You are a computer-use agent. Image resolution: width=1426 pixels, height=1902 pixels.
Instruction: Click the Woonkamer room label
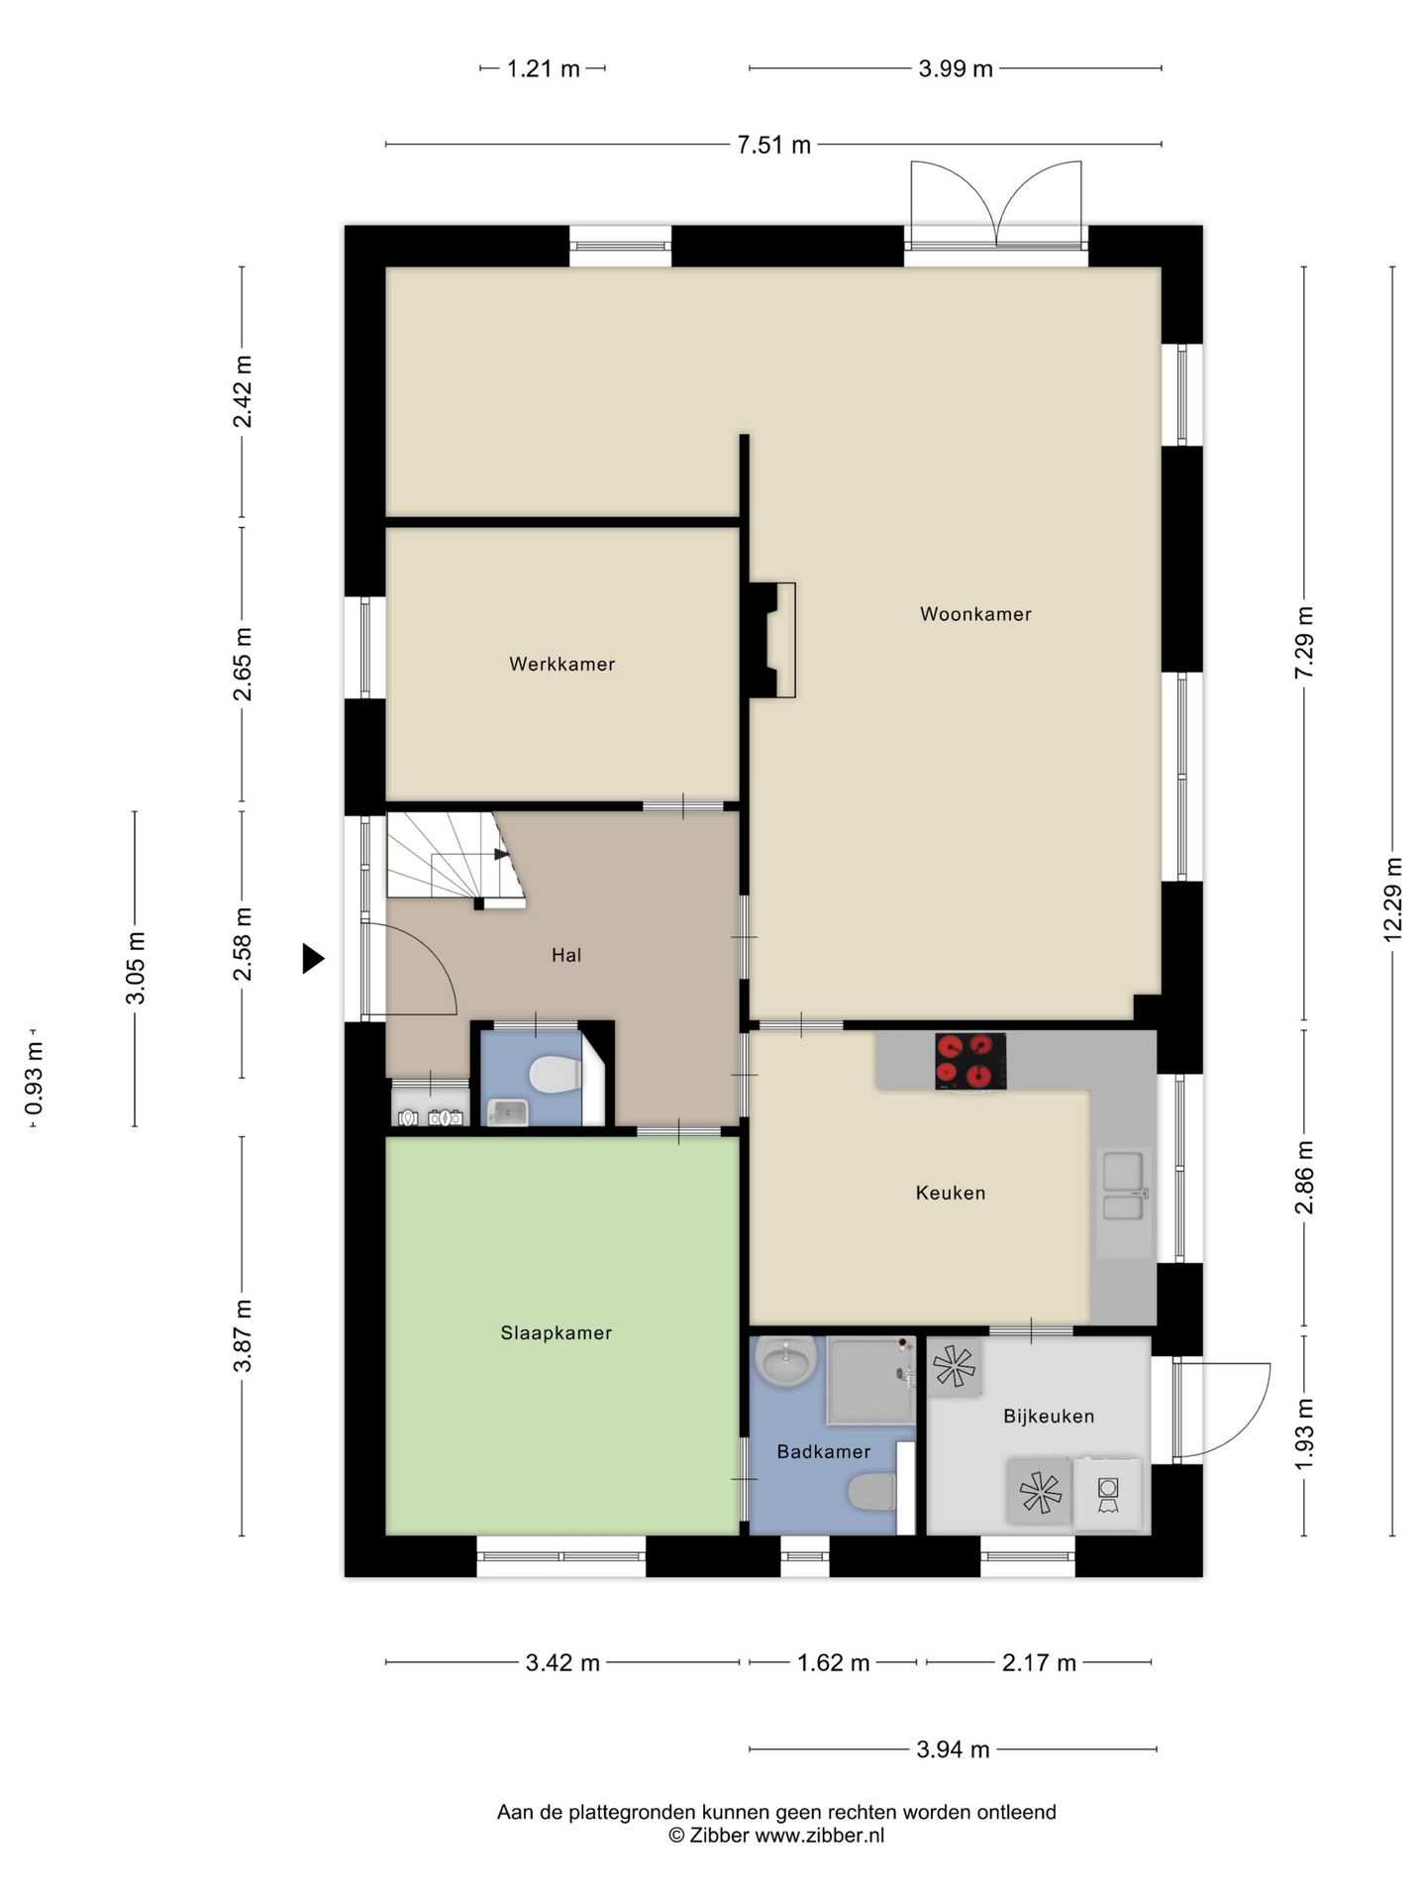pyautogui.click(x=975, y=614)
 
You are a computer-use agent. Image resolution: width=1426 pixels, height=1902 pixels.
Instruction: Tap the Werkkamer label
pyautogui.click(x=562, y=665)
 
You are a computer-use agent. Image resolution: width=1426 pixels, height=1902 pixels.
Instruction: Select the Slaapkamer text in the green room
pyautogui.click(x=557, y=1333)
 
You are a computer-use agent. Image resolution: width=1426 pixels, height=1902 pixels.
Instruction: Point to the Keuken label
pyautogui.click(x=951, y=1193)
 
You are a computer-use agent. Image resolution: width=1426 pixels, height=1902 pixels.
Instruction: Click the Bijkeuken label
pyautogui.click(x=1049, y=1417)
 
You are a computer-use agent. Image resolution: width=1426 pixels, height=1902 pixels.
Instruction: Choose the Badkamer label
pyautogui.click(x=824, y=1452)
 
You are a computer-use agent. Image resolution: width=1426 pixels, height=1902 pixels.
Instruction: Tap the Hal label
pyautogui.click(x=566, y=956)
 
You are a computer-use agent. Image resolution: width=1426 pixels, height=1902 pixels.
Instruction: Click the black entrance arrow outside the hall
pyautogui.click(x=313, y=958)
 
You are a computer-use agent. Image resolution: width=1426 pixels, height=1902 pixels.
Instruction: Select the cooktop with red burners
pyautogui.click(x=970, y=1060)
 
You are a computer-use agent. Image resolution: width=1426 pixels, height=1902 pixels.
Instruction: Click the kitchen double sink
pyautogui.click(x=1124, y=1186)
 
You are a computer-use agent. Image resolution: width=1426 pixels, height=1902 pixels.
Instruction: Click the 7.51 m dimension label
pyautogui.click(x=773, y=146)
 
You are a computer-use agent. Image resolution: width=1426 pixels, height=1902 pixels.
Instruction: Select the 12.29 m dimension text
pyautogui.click(x=1393, y=900)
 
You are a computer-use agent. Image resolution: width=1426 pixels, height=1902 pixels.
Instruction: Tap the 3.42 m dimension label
pyautogui.click(x=562, y=1662)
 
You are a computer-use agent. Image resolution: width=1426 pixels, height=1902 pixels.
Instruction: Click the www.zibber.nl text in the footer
pyautogui.click(x=819, y=1835)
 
